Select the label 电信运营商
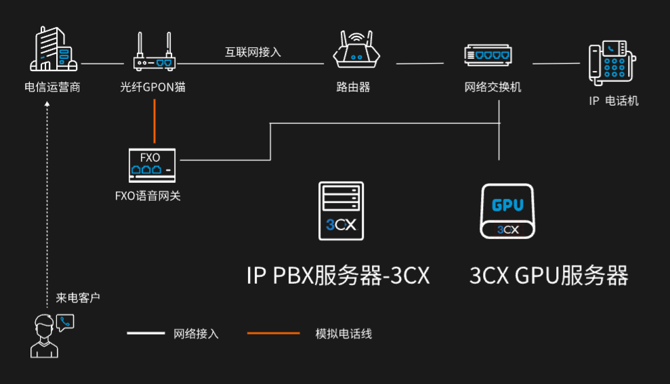tap(52, 87)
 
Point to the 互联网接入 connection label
tap(253, 51)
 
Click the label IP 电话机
tap(613, 101)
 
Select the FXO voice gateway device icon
tap(152, 165)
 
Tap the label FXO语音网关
tap(148, 196)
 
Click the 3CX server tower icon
tap(341, 211)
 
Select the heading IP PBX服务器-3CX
tap(338, 276)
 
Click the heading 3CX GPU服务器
tap(549, 276)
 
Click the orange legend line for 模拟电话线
tap(273, 333)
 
